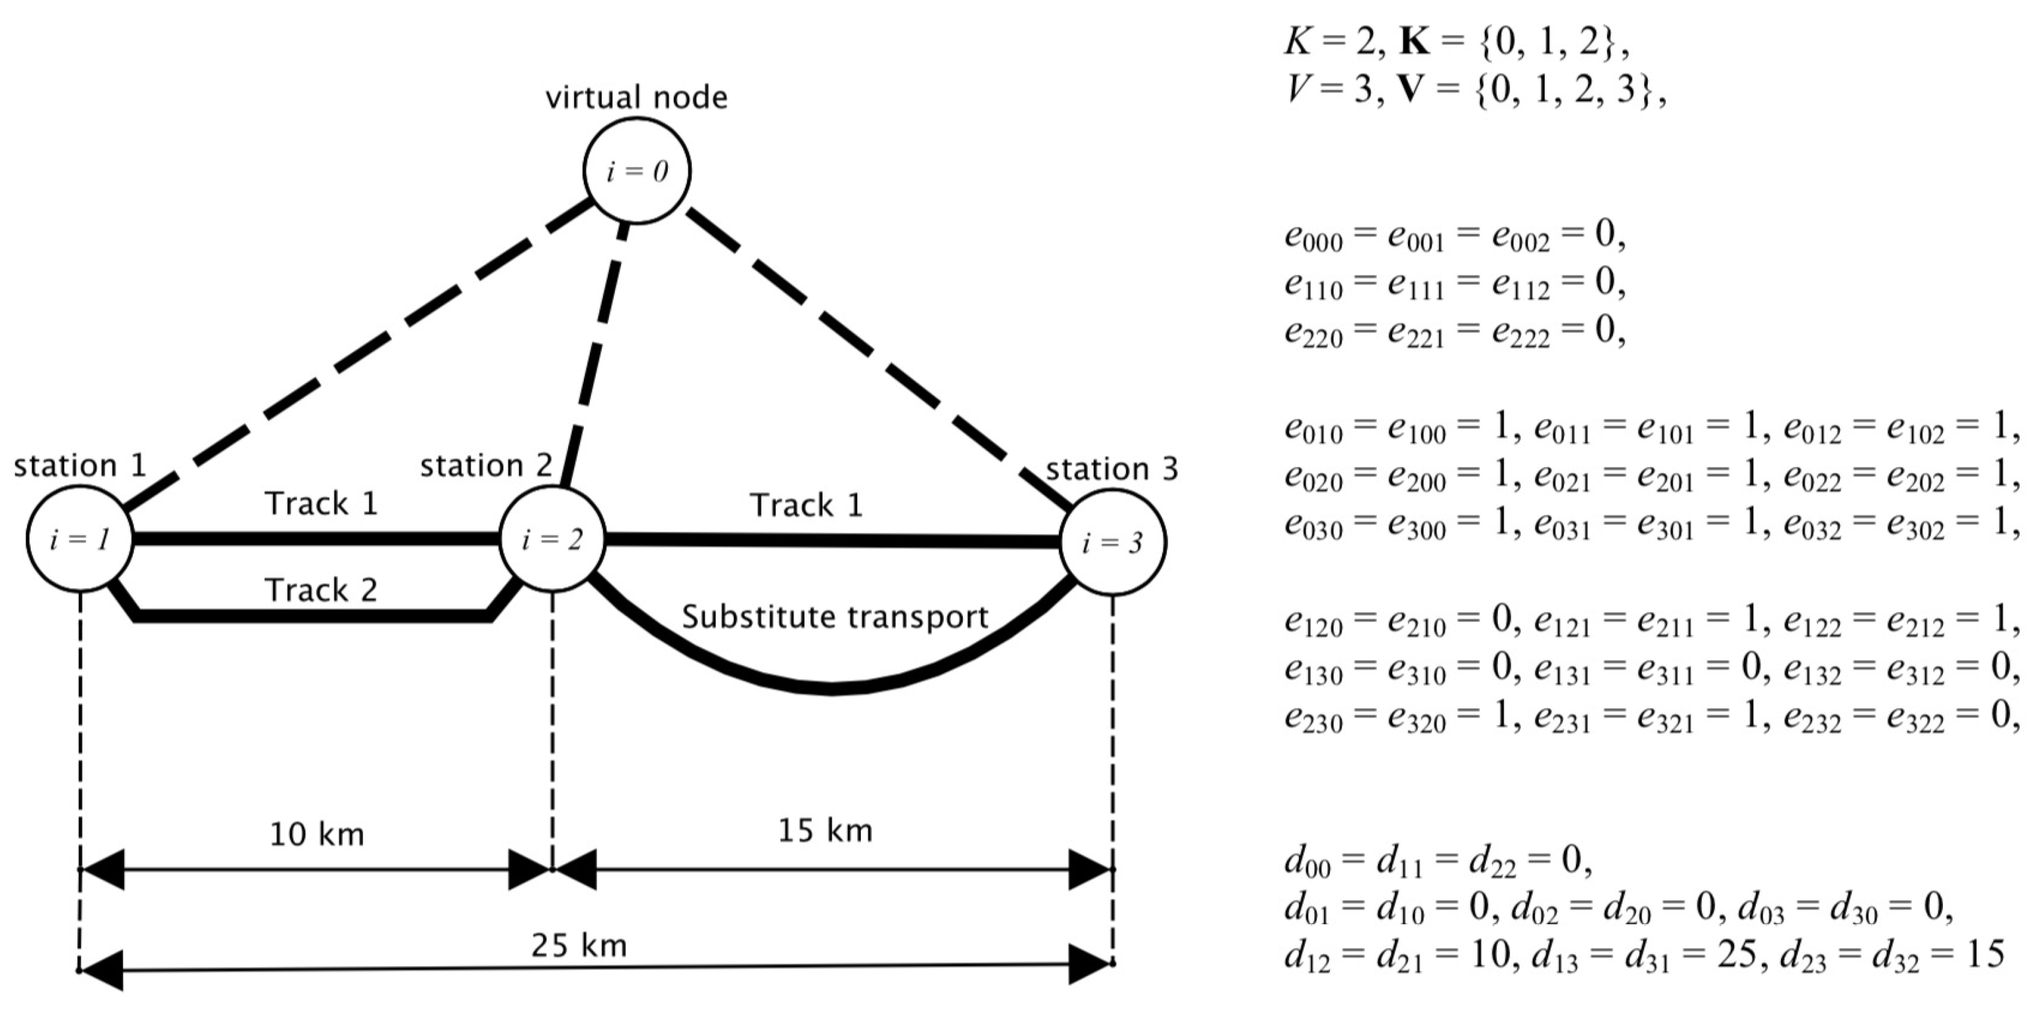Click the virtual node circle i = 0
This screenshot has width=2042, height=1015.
[x=637, y=170]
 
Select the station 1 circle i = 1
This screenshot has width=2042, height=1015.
[x=79, y=539]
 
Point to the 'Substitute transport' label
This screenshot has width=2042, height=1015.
[x=835, y=616]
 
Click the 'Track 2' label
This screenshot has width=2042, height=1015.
[x=320, y=590]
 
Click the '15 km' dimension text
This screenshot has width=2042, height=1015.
[x=825, y=831]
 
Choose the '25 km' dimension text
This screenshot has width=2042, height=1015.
[x=579, y=945]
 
